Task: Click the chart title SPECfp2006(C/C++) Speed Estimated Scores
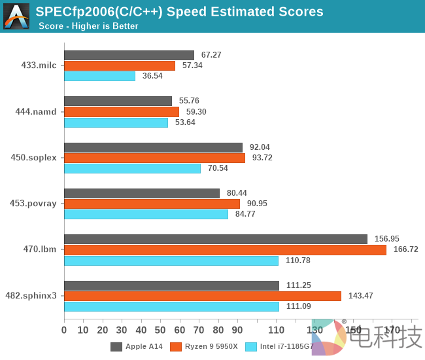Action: [x=179, y=12]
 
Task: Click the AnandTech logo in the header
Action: [x=16, y=16]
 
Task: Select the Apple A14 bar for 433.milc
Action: [x=129, y=55]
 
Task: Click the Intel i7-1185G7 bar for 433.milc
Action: [x=99, y=76]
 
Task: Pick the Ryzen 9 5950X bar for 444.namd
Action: [x=122, y=112]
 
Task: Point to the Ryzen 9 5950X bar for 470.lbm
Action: [x=225, y=249]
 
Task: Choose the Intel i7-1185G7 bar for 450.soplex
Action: [x=132, y=168]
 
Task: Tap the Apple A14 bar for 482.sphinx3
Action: [x=171, y=285]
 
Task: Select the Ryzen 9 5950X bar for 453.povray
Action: [x=152, y=204]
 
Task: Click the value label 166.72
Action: [x=405, y=249]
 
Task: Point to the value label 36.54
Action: [x=152, y=76]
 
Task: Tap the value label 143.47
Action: [x=360, y=296]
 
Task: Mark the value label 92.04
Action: [x=260, y=147]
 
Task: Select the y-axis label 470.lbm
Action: [x=40, y=249]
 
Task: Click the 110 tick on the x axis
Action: [x=276, y=331]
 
